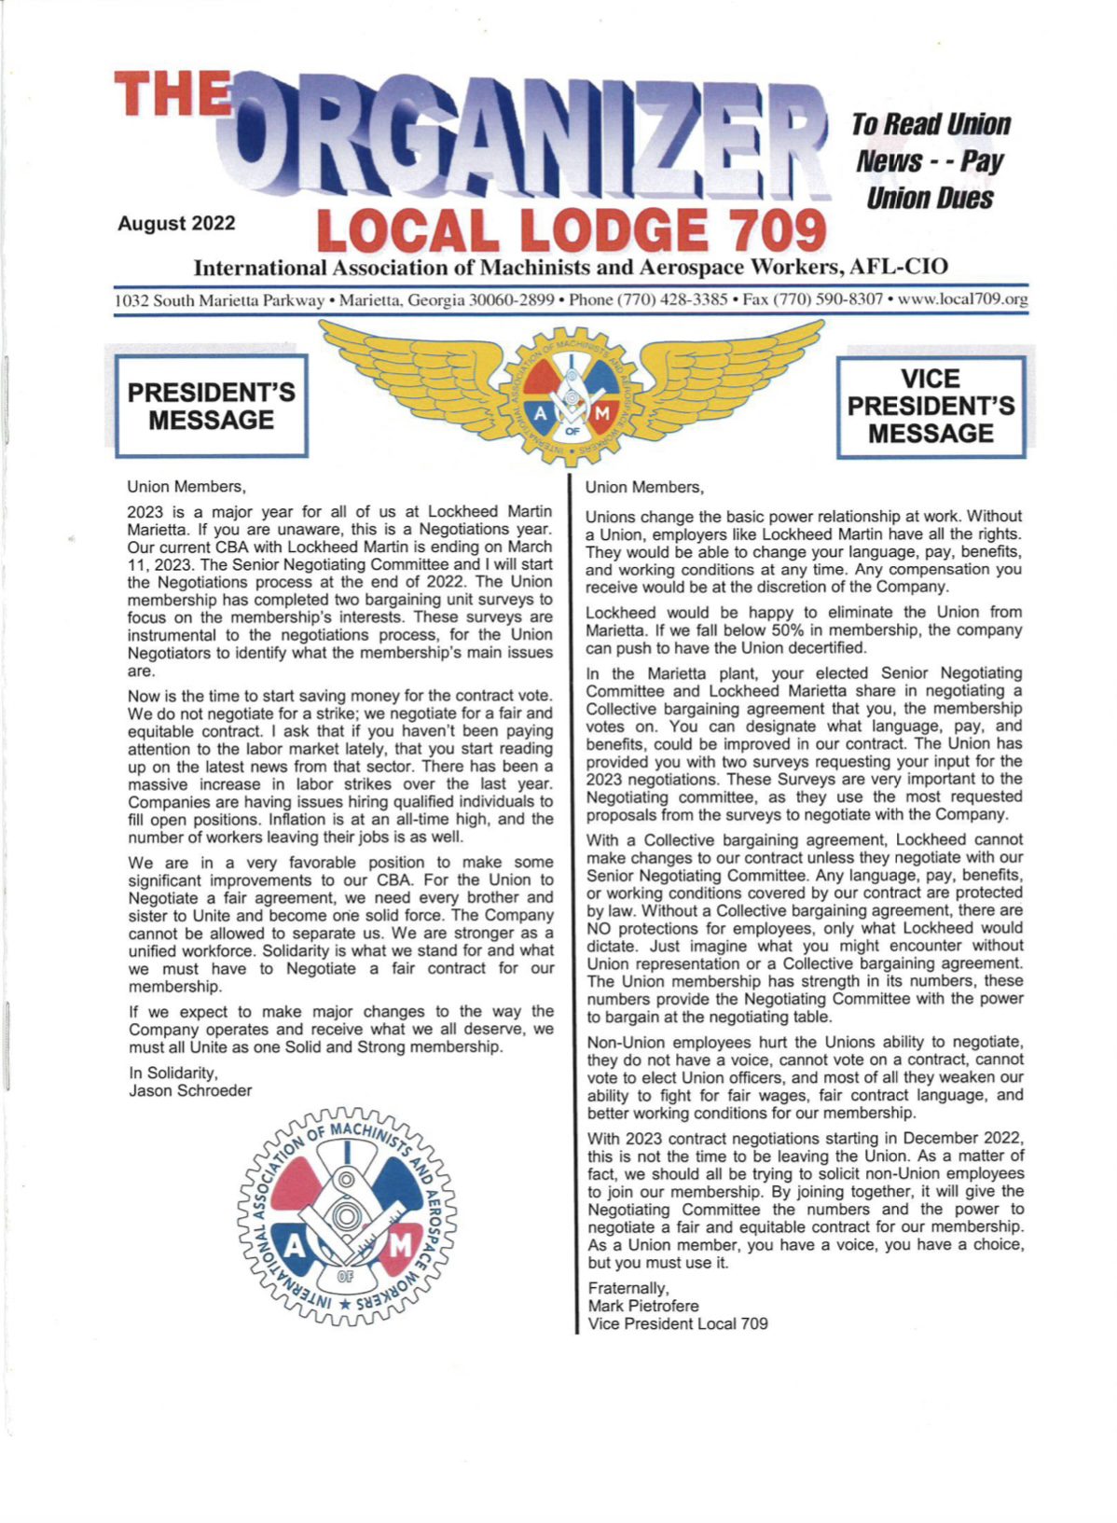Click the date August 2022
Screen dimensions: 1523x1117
click(176, 224)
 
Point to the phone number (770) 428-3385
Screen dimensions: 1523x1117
click(677, 300)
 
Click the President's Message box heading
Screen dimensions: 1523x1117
click(211, 406)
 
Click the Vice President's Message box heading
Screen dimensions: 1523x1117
click(931, 406)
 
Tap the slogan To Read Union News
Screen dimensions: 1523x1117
click(930, 142)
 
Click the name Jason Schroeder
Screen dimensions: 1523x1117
click(190, 1090)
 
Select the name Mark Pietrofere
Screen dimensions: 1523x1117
click(642, 1306)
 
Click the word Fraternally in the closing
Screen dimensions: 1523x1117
click(627, 1288)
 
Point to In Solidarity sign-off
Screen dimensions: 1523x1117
click(172, 1073)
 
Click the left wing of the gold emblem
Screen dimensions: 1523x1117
click(410, 373)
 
